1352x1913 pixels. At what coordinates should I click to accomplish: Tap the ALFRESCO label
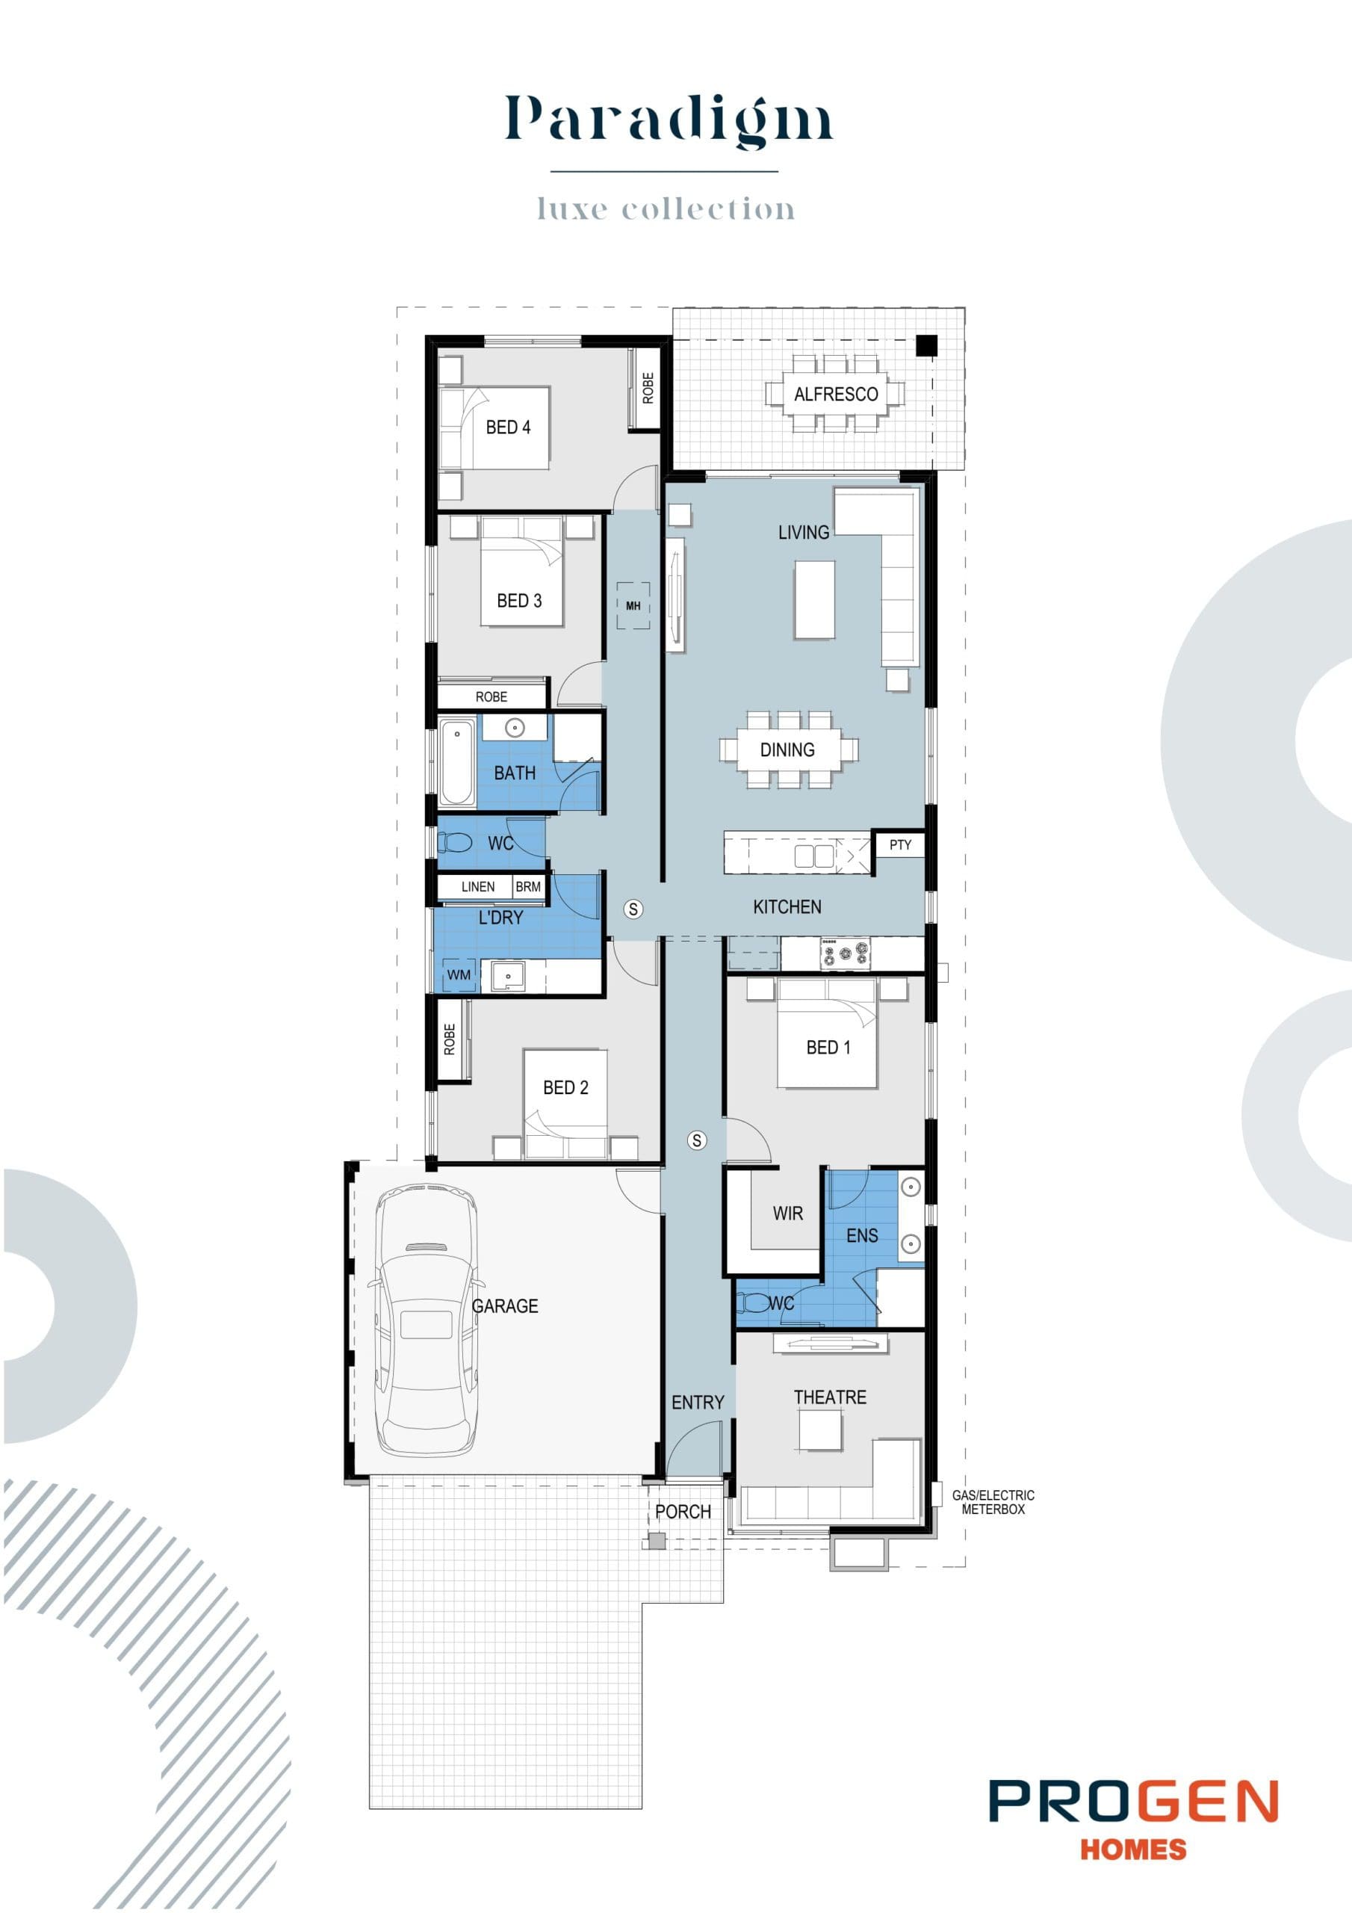tap(836, 394)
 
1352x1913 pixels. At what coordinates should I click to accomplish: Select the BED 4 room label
tap(508, 427)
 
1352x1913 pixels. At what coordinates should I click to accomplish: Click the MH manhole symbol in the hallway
tap(633, 606)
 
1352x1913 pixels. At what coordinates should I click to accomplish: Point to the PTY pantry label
tap(899, 845)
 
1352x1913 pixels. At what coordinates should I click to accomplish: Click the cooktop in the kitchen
tap(846, 952)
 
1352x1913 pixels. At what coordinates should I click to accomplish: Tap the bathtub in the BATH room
tap(456, 763)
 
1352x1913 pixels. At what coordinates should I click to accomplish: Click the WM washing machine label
tap(459, 974)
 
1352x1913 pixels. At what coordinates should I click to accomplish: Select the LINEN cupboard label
tap(477, 886)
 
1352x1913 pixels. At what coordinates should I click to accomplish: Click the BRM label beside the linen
tap(528, 886)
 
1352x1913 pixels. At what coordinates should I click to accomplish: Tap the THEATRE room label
tap(830, 1397)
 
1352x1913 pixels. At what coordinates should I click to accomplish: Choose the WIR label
tap(787, 1213)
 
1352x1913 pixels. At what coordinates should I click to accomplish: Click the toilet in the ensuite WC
tap(753, 1302)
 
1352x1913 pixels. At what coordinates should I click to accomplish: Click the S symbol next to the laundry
tap(633, 909)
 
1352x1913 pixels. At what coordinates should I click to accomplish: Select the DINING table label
tap(787, 750)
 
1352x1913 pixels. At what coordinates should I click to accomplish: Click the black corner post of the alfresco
tap(926, 346)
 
